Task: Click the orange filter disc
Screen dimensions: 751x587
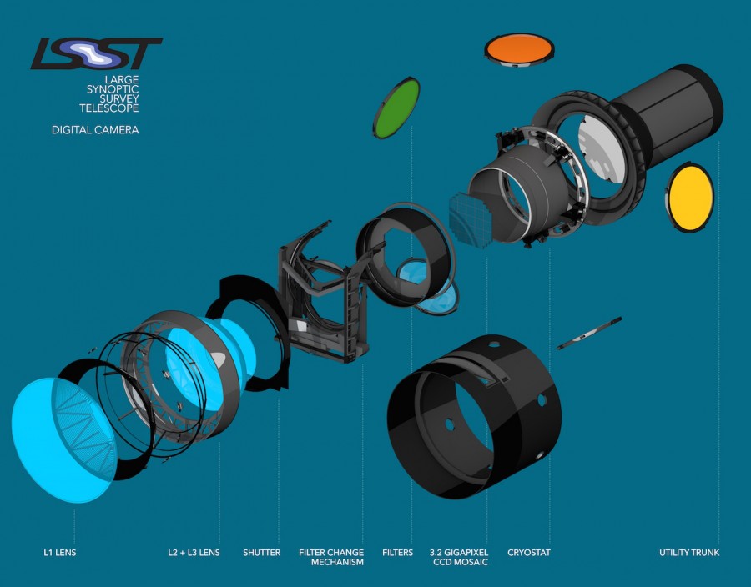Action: pyautogui.click(x=519, y=49)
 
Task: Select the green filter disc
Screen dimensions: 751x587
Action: pyautogui.click(x=396, y=108)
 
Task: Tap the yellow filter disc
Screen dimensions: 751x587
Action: pyautogui.click(x=690, y=198)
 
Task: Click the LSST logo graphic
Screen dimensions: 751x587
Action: pyautogui.click(x=96, y=53)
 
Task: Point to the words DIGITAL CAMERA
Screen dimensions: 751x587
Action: pyautogui.click(x=95, y=129)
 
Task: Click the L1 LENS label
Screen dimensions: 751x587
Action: pyautogui.click(x=60, y=553)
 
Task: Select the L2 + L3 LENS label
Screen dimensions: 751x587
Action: pyautogui.click(x=194, y=553)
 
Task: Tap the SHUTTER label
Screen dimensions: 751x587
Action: pyautogui.click(x=261, y=553)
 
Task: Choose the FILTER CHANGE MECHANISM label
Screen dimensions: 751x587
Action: pyautogui.click(x=331, y=557)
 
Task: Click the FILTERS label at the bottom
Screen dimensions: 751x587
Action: pyautogui.click(x=397, y=553)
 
